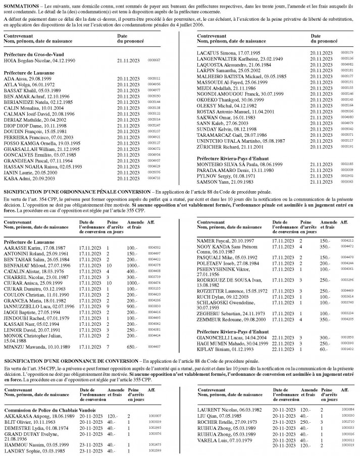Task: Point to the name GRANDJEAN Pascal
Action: click(24, 132)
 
